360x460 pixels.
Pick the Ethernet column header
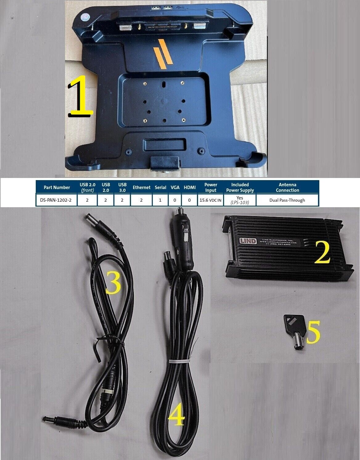click(141, 187)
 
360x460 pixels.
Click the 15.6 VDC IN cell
click(211, 200)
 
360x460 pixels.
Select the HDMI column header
click(190, 187)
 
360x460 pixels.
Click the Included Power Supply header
click(240, 187)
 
